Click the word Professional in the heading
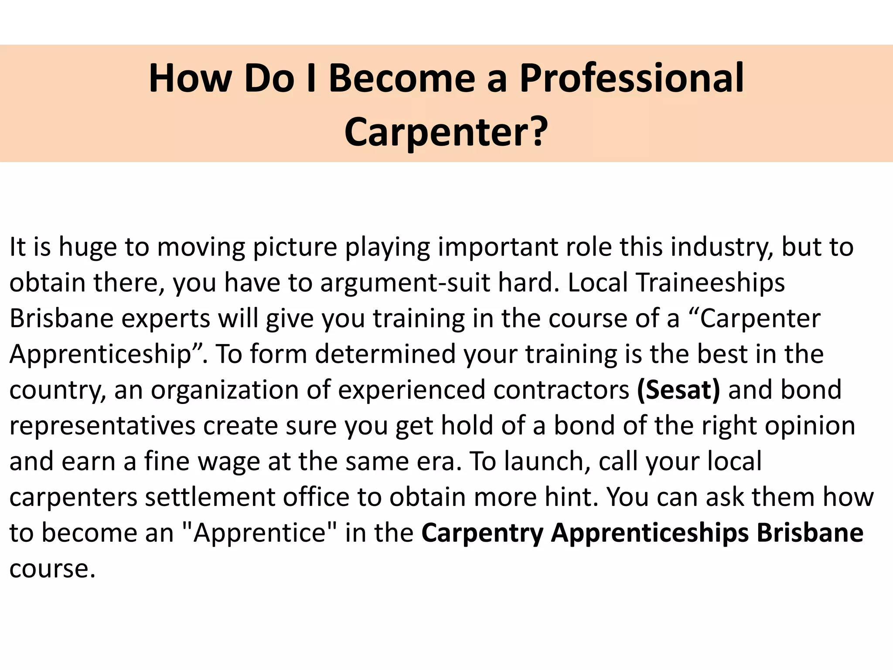631,79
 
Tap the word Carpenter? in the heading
446,132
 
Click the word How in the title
190,79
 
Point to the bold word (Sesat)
678,390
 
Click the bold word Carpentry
482,533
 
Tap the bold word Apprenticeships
650,533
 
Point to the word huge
88,247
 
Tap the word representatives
102,425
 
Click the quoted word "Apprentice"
259,533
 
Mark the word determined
385,354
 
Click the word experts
166,318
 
